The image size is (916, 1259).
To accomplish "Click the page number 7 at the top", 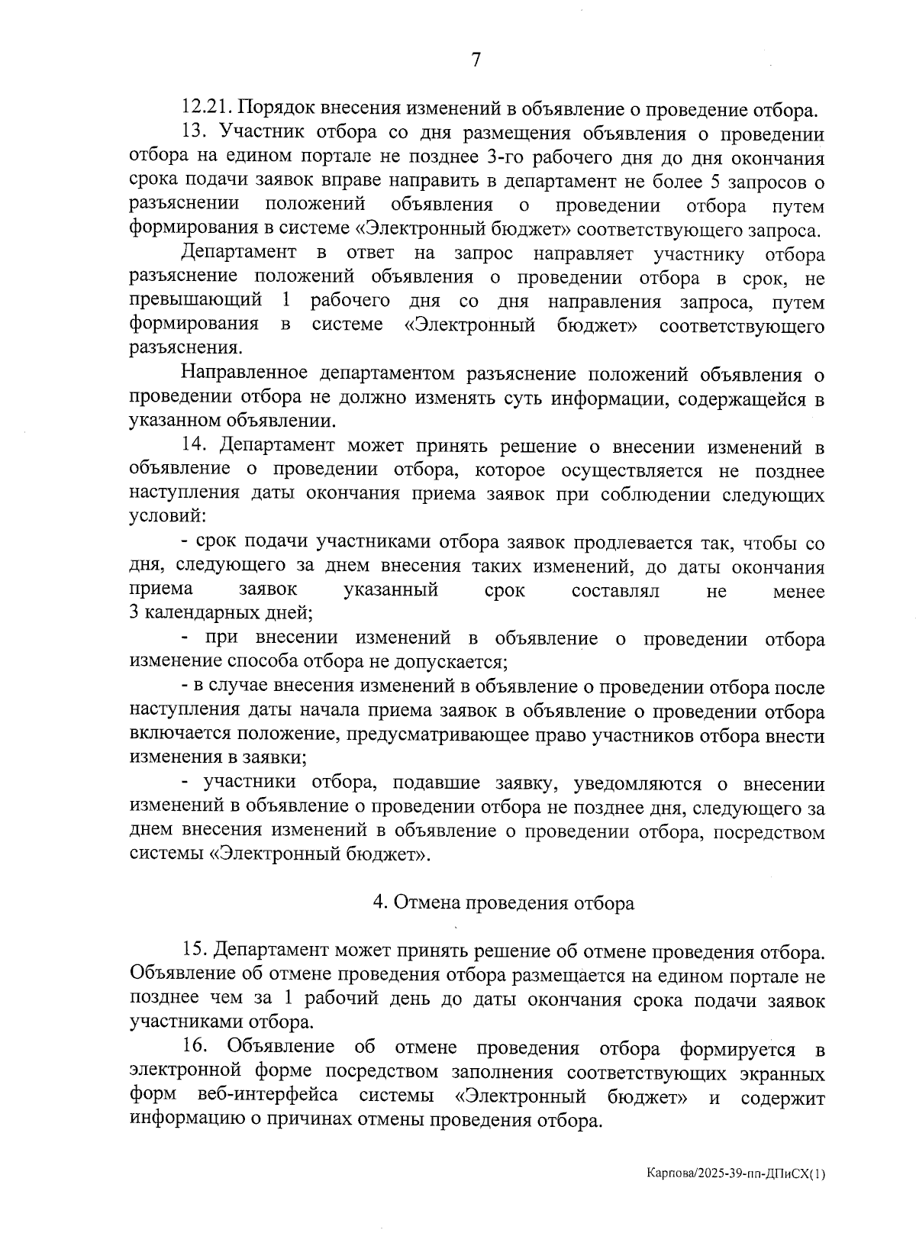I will tap(476, 60).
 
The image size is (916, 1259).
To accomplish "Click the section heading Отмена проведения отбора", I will tap(504, 903).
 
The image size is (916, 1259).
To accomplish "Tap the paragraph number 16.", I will tap(195, 1048).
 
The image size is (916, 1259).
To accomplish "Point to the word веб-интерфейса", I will tap(268, 1096).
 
